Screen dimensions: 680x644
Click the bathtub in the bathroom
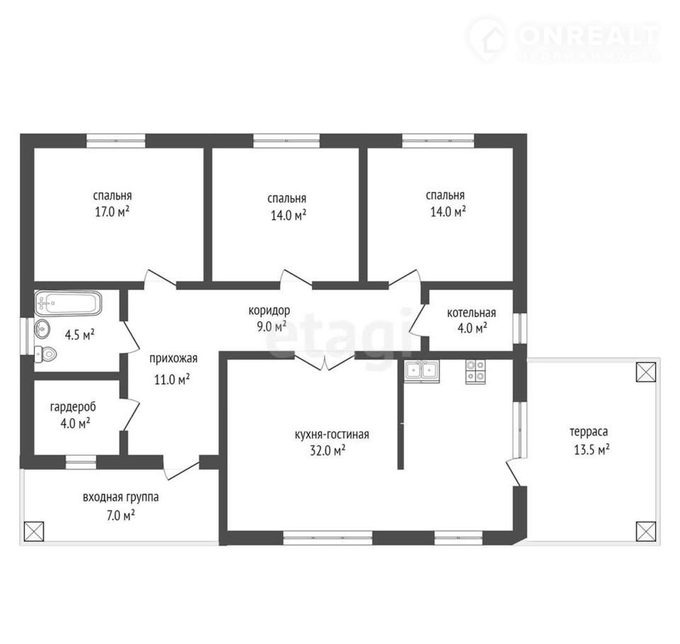[68, 303]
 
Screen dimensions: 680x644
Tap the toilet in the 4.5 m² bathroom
[45, 355]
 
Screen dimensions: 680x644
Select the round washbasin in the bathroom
[42, 329]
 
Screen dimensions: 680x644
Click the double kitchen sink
[421, 372]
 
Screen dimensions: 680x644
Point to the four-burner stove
[475, 372]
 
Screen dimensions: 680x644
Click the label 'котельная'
[472, 313]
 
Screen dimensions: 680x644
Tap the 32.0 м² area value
[327, 451]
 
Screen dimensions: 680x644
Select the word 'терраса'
[589, 432]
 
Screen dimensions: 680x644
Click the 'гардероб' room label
[73, 407]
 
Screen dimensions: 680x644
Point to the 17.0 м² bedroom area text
[113, 212]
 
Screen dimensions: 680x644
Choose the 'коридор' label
[269, 310]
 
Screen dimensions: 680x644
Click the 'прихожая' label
[173, 359]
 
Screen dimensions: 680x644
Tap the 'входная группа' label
[120, 497]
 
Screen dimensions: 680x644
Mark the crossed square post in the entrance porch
[34, 531]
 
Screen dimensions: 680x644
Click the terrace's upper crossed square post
[646, 372]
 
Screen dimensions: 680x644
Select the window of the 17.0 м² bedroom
[115, 141]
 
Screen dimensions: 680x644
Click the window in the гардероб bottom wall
[81, 462]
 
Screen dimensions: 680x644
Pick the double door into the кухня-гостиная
[324, 362]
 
